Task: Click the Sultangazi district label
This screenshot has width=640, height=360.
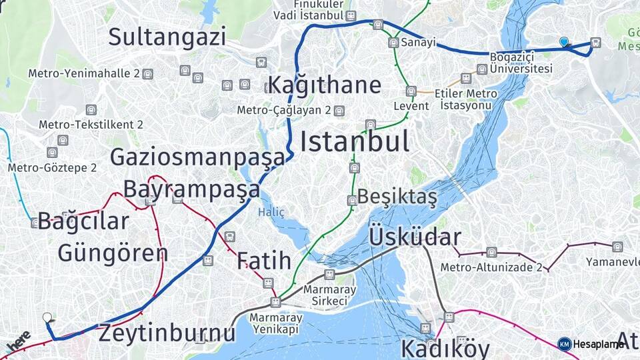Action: pyautogui.click(x=167, y=37)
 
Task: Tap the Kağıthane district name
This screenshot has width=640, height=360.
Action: pyautogui.click(x=325, y=85)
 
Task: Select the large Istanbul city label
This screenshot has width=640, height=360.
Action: pyautogui.click(x=354, y=141)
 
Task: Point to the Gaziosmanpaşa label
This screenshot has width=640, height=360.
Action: pyautogui.click(x=197, y=158)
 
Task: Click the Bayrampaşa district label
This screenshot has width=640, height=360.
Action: pyautogui.click(x=191, y=189)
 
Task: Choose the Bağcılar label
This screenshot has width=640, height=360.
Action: pyautogui.click(x=83, y=221)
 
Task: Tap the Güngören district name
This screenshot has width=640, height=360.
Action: pyautogui.click(x=113, y=253)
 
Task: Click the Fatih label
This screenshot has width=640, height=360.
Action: pyautogui.click(x=264, y=261)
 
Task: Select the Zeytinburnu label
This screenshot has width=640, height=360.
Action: pyautogui.click(x=167, y=333)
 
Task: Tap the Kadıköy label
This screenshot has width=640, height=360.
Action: pyautogui.click(x=445, y=349)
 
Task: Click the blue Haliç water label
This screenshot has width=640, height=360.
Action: pyautogui.click(x=271, y=213)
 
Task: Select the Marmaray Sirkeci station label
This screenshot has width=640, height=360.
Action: pyautogui.click(x=329, y=295)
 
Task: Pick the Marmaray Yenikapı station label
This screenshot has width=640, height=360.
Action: pyautogui.click(x=276, y=323)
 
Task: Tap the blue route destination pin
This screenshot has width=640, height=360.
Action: pyautogui.click(x=564, y=43)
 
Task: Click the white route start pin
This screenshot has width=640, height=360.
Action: pyautogui.click(x=47, y=318)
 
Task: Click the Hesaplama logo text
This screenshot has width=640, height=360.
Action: pyautogui.click(x=597, y=344)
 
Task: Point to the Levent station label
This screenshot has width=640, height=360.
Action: pyautogui.click(x=407, y=106)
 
